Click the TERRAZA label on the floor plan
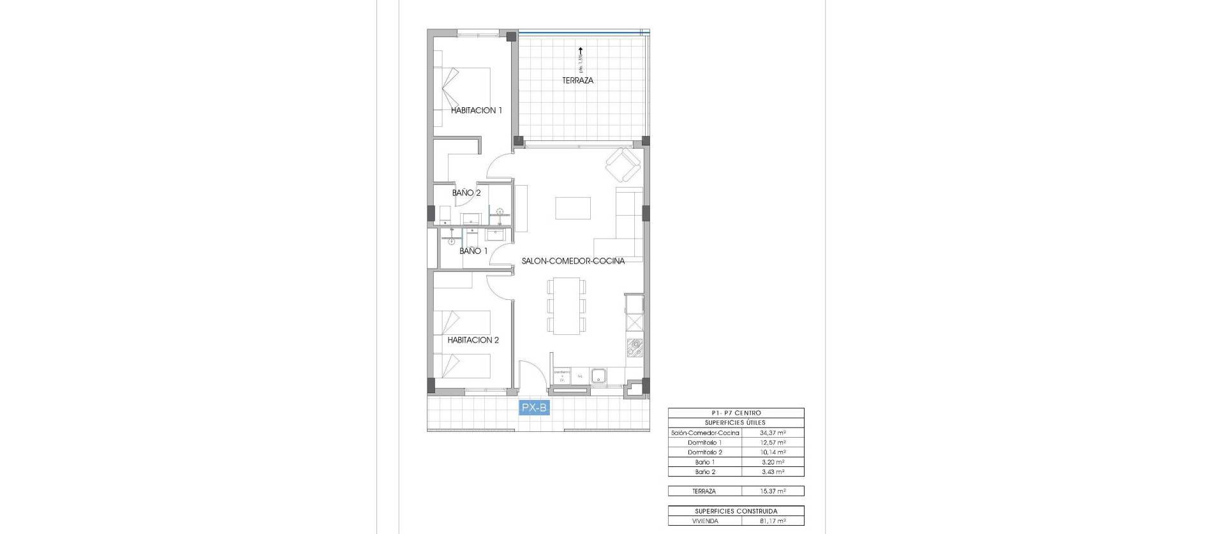coord(577,81)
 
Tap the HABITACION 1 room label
coord(476,110)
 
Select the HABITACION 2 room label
coord(473,340)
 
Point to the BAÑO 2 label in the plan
coord(466,193)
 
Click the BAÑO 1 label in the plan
coord(473,251)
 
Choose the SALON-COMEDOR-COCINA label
coord(572,261)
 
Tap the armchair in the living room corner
coord(622,165)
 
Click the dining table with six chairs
coord(566,306)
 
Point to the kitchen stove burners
coord(635,348)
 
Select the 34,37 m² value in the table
coord(773,433)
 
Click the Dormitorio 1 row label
coord(705,442)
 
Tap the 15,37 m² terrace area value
coord(773,491)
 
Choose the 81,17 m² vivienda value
coord(773,521)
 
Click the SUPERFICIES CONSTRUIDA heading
coord(736,511)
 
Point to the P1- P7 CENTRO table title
coord(736,413)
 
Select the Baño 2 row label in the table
coord(705,471)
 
